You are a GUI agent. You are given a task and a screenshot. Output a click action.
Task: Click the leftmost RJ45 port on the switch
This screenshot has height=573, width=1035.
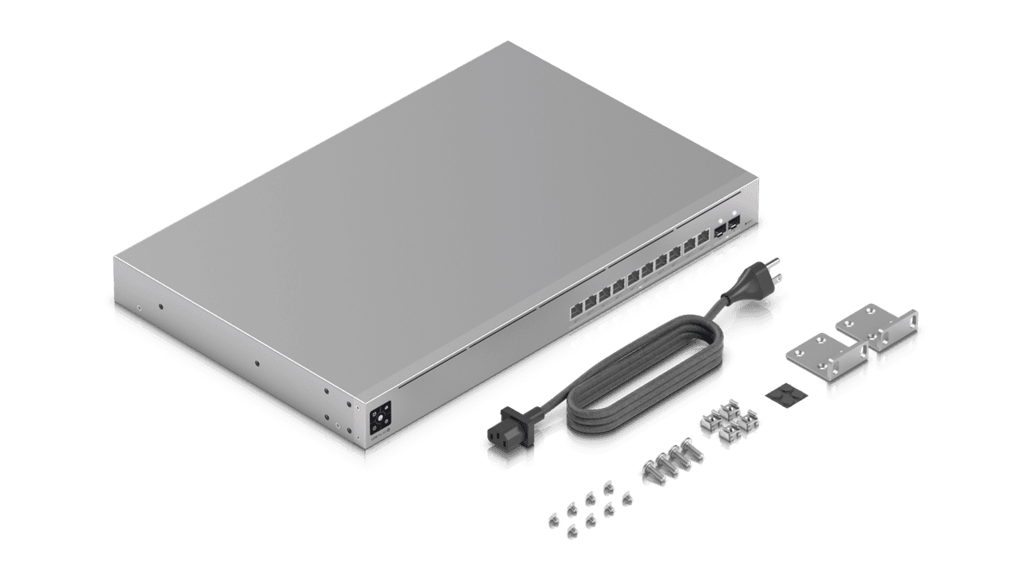click(x=575, y=308)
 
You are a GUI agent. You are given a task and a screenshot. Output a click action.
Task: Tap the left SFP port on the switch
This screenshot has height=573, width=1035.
click(x=718, y=230)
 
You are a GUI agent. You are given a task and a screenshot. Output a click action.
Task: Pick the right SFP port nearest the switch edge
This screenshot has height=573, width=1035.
click(x=733, y=223)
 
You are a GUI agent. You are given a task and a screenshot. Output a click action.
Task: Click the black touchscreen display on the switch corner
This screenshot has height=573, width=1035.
click(x=380, y=419)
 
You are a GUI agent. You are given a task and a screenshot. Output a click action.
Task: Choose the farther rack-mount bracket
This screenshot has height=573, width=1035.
click(x=875, y=328)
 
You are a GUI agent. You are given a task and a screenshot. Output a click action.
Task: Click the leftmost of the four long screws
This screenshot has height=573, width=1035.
click(x=649, y=469)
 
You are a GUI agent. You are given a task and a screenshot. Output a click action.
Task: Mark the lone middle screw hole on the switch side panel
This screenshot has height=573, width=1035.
click(x=256, y=362)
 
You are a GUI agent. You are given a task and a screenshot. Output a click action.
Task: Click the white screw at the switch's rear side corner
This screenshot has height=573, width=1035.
click(x=140, y=305)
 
